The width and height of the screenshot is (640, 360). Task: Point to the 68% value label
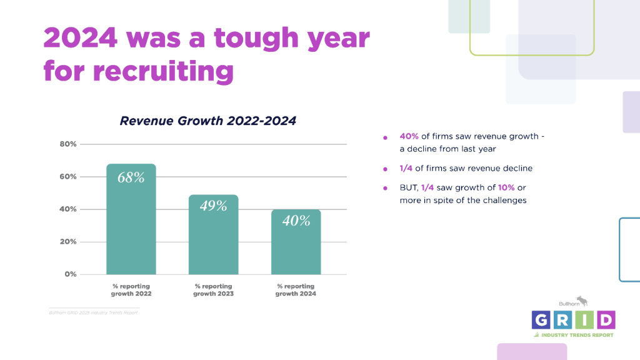pyautogui.click(x=131, y=177)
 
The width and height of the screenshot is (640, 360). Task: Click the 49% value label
pyautogui.click(x=213, y=206)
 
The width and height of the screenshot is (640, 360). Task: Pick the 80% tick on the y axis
pyautogui.click(x=68, y=144)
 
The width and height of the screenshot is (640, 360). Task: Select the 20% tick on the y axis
pyautogui.click(x=68, y=242)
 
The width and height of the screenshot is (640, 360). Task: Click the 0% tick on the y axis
pyautogui.click(x=70, y=274)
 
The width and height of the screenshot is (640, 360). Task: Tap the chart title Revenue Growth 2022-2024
pyautogui.click(x=207, y=121)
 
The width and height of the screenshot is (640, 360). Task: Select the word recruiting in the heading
pyautogui.click(x=163, y=71)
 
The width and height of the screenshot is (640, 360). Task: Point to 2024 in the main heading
pyautogui.click(x=80, y=39)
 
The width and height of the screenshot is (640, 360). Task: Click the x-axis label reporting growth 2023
pyautogui.click(x=213, y=289)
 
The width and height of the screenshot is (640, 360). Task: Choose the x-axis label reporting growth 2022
pyautogui.click(x=131, y=289)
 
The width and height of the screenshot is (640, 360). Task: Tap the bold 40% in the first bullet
pyautogui.click(x=410, y=136)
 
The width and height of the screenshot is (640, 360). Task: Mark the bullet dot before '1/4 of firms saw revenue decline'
pyautogui.click(x=386, y=169)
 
